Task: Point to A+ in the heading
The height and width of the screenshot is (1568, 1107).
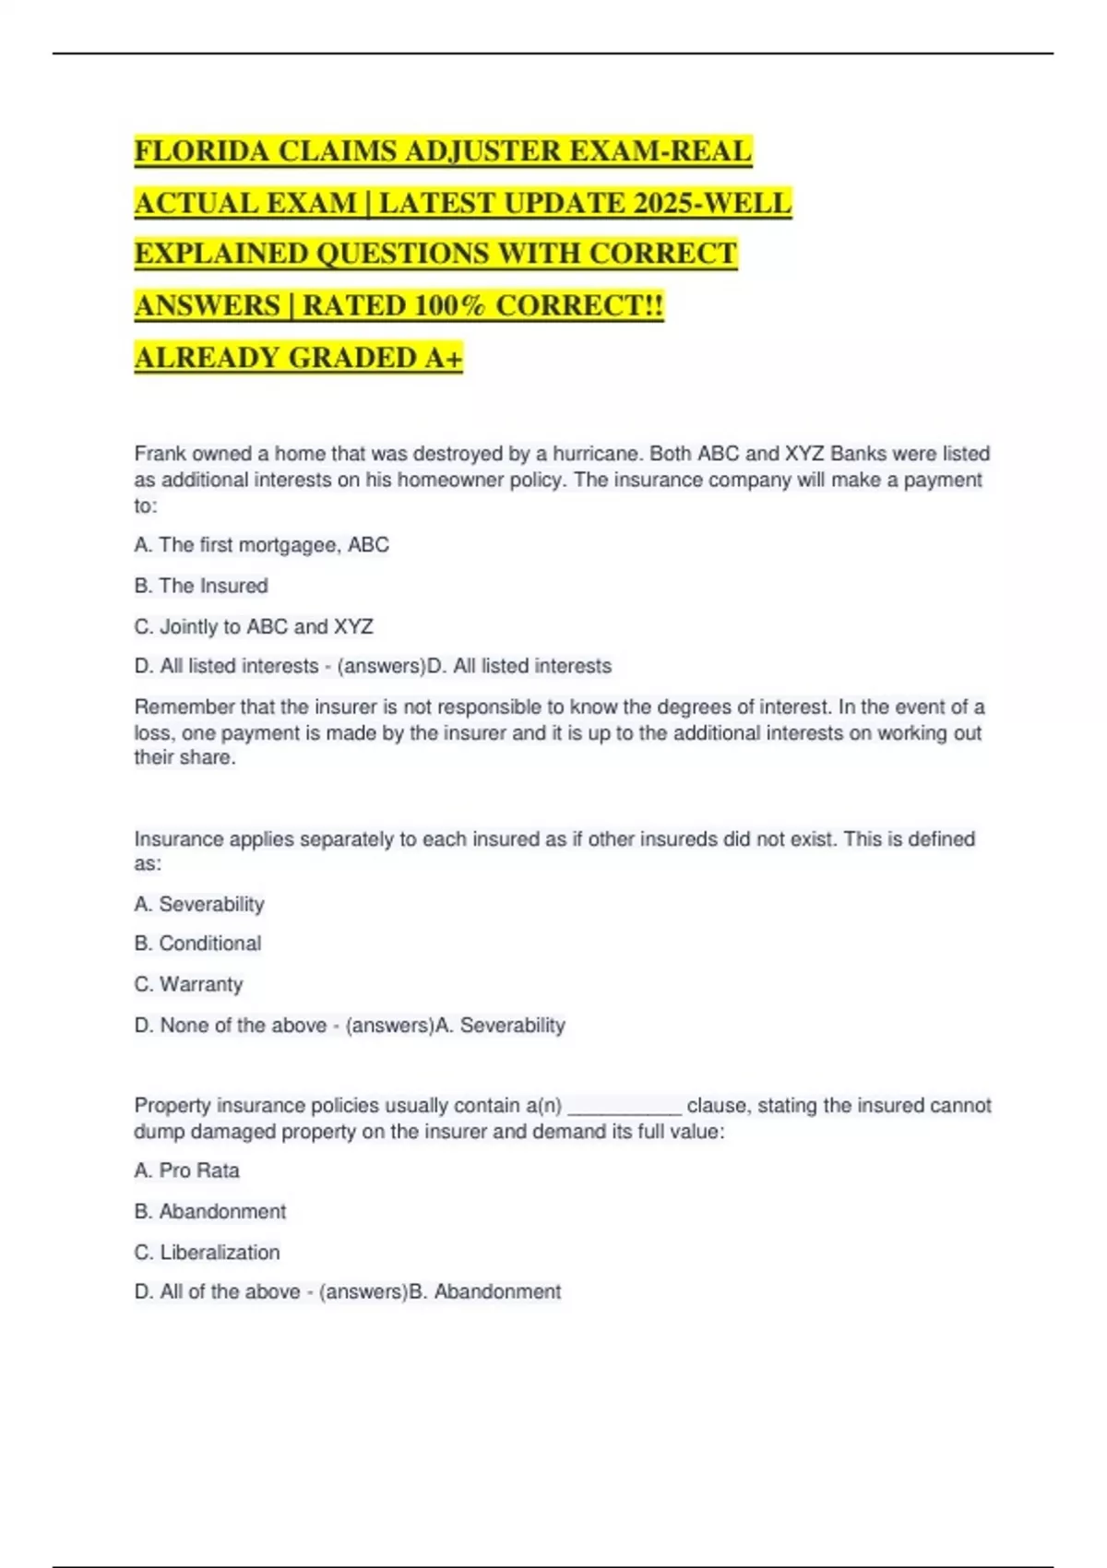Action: coord(444,358)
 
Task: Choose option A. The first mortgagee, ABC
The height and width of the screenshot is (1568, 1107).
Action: coord(261,545)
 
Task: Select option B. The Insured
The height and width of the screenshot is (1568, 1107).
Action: coord(201,586)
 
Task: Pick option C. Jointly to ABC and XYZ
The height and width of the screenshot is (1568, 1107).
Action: coord(254,627)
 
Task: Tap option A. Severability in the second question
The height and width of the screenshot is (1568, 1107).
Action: coord(199,904)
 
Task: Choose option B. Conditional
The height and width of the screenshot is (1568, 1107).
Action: coord(197,944)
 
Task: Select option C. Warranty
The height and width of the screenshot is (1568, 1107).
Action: coord(188,984)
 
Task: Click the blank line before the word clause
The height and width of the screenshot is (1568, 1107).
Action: coord(624,1106)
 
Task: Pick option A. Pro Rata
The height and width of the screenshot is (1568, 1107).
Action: coord(186,1170)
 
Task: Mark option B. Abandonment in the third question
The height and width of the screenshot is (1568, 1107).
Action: coord(210,1211)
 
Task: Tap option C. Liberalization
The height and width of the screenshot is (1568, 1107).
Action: coord(207,1253)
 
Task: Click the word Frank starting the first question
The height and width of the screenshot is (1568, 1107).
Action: coord(161,454)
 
